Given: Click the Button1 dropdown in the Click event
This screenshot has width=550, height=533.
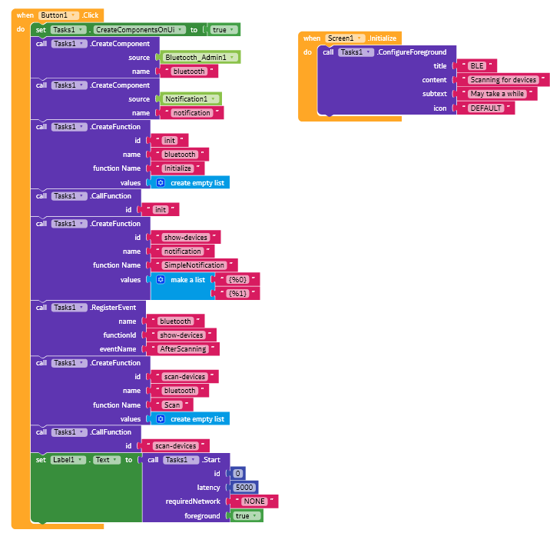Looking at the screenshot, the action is pyautogui.click(x=58, y=15).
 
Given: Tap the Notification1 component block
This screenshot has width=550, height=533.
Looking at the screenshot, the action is pyautogui.click(x=191, y=99).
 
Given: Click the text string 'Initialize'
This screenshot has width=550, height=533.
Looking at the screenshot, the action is pyautogui.click(x=178, y=168).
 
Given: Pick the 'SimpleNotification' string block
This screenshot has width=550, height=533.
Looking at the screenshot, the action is pyautogui.click(x=194, y=265).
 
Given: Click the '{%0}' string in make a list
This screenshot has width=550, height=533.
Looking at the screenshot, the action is pyautogui.click(x=237, y=279).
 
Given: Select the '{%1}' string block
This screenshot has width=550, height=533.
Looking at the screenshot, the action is pyautogui.click(x=237, y=293).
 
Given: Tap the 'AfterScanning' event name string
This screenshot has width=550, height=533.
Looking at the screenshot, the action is pyautogui.click(x=183, y=349).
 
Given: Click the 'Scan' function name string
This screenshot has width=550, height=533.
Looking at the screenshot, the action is pyautogui.click(x=172, y=405).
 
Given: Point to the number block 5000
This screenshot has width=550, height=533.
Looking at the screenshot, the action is pyautogui.click(x=244, y=488).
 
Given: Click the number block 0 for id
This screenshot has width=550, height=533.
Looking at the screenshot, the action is pyautogui.click(x=238, y=473).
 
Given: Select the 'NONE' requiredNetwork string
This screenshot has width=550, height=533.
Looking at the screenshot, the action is pyautogui.click(x=254, y=501).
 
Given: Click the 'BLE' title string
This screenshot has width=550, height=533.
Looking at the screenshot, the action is pyautogui.click(x=477, y=65).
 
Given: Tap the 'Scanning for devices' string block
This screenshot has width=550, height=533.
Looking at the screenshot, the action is pyautogui.click(x=503, y=80).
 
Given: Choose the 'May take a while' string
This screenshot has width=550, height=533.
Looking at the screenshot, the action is pyautogui.click(x=497, y=94).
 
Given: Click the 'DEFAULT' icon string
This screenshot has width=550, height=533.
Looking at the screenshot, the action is pyautogui.click(x=485, y=108).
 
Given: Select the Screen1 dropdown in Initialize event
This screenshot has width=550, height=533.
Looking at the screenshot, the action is pyautogui.click(x=345, y=38).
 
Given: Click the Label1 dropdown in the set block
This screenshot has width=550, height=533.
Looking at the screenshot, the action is pyautogui.click(x=68, y=460).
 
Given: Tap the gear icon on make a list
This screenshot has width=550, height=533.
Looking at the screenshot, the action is pyautogui.click(x=161, y=279).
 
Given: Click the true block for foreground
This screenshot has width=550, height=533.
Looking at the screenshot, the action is pyautogui.click(x=247, y=516).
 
